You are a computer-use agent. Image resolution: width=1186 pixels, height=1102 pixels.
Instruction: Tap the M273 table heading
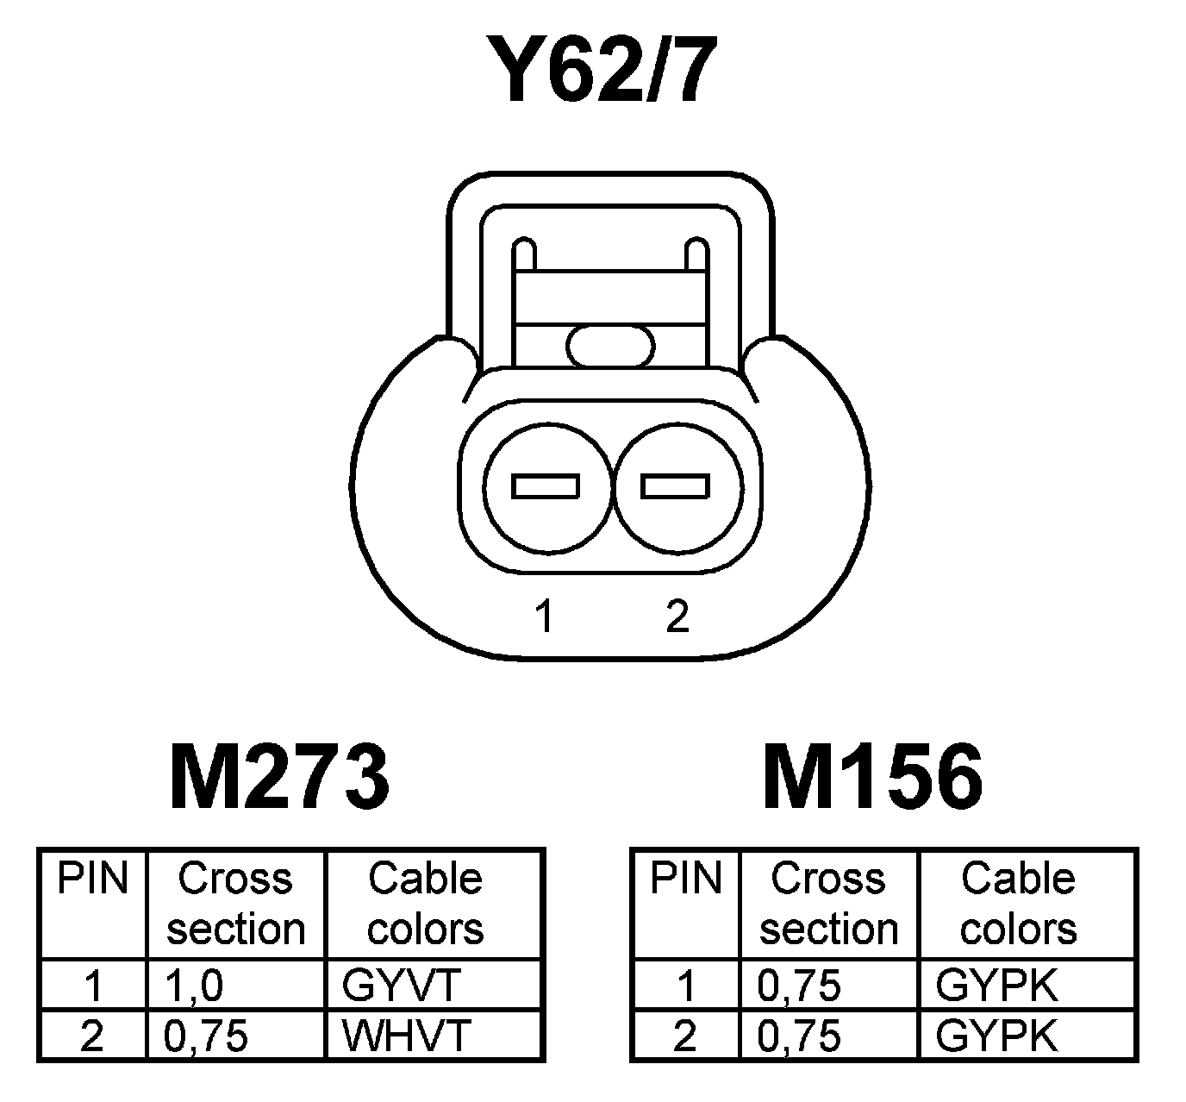coord(279,778)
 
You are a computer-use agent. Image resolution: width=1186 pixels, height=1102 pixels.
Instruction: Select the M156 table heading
coord(872,778)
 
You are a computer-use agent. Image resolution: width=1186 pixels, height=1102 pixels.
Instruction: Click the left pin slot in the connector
coord(545,487)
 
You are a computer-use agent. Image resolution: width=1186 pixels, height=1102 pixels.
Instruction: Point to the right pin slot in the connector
coord(675,487)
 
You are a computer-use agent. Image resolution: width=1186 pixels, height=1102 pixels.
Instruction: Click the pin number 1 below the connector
coord(543,617)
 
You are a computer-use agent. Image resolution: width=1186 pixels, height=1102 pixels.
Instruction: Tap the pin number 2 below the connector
coord(677,617)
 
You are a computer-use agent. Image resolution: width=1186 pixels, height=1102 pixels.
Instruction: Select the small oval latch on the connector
coord(610,347)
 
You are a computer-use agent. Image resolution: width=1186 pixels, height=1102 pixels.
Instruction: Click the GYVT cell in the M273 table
coord(402,986)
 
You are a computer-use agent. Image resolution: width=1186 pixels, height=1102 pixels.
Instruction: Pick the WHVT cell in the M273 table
coord(406,1036)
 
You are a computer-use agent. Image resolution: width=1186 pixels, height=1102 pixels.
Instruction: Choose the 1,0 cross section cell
coord(193,986)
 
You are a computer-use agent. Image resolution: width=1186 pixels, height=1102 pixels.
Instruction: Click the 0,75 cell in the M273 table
coord(205,1036)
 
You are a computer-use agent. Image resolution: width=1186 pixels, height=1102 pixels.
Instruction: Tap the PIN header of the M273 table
coord(92,880)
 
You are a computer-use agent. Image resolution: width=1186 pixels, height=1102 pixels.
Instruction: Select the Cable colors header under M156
coord(1018,904)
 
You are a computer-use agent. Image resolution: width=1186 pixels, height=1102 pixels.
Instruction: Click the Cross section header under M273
coord(235,904)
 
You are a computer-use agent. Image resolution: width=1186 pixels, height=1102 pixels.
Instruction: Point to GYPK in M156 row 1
coord(996,986)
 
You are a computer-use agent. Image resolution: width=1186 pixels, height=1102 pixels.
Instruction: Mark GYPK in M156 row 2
coord(996,1036)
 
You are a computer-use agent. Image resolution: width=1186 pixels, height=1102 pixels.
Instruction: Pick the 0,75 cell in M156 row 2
coord(798,1036)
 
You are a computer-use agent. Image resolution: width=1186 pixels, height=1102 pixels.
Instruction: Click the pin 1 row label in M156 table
coord(685,986)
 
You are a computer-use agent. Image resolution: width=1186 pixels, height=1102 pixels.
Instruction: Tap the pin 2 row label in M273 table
coord(91,1036)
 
